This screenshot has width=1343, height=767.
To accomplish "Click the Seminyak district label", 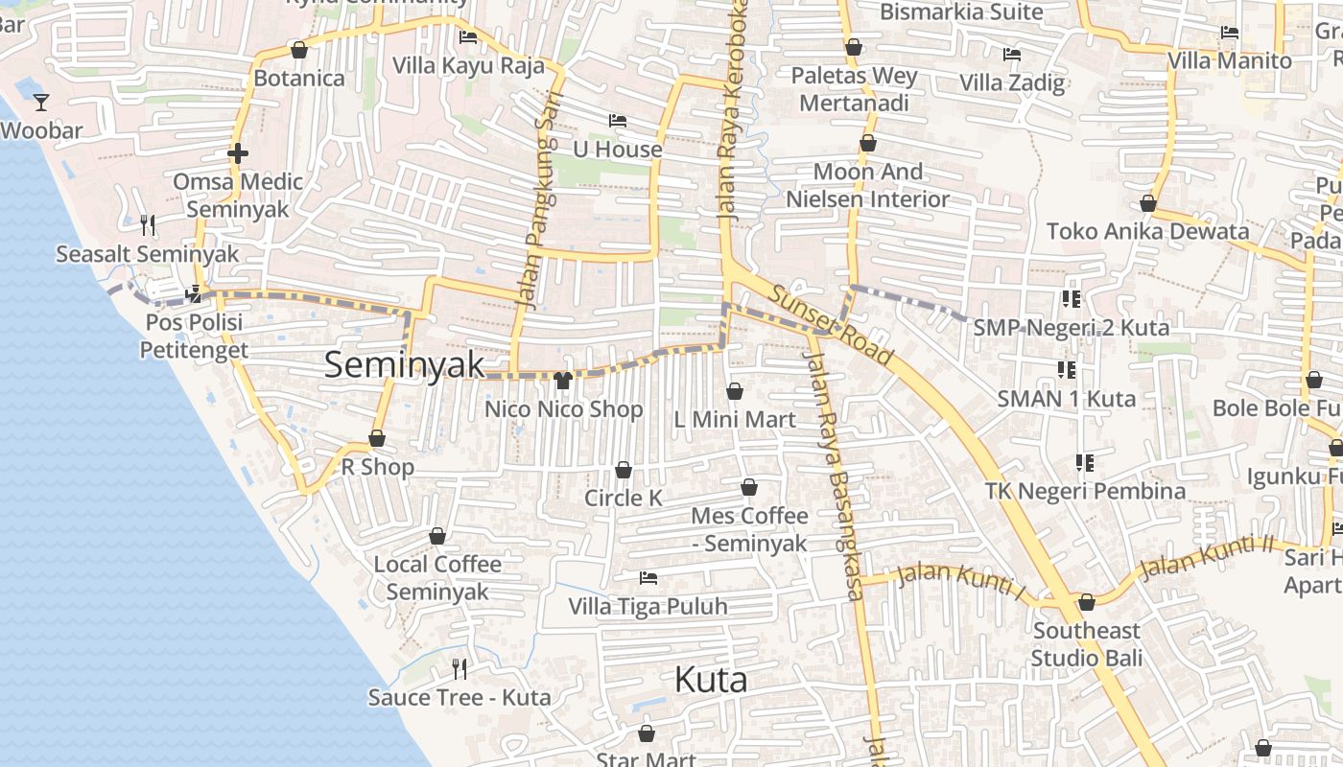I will pos(404,365).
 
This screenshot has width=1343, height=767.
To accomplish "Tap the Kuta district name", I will pos(711,680).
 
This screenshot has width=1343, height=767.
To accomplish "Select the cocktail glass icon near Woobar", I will pos(41,102).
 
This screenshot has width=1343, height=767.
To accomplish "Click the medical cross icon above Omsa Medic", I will pos(238,152).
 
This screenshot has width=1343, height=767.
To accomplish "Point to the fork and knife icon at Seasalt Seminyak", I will pos(147,225).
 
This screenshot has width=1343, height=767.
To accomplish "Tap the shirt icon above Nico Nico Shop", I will pos(563,381).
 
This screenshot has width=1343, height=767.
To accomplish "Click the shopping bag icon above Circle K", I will pos(624,470).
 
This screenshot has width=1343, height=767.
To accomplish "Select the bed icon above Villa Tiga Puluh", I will pos(648,578).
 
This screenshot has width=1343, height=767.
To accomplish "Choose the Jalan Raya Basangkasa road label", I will pos(836,475).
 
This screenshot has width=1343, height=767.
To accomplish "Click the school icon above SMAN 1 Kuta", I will pos(1066,369).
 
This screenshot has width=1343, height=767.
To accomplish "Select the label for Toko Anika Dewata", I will pos(1147,231).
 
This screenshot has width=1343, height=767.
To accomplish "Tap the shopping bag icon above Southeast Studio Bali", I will pos(1086,602).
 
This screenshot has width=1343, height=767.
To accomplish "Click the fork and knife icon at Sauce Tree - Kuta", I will pos(459,668).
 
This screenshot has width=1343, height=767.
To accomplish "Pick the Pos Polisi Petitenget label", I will pos(193,337).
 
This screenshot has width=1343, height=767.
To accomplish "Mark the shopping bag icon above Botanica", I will pos(299,50).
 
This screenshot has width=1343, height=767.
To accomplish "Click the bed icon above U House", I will pos(618,121).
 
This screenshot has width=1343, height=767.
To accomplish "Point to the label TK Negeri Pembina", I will pos(1085,492).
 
